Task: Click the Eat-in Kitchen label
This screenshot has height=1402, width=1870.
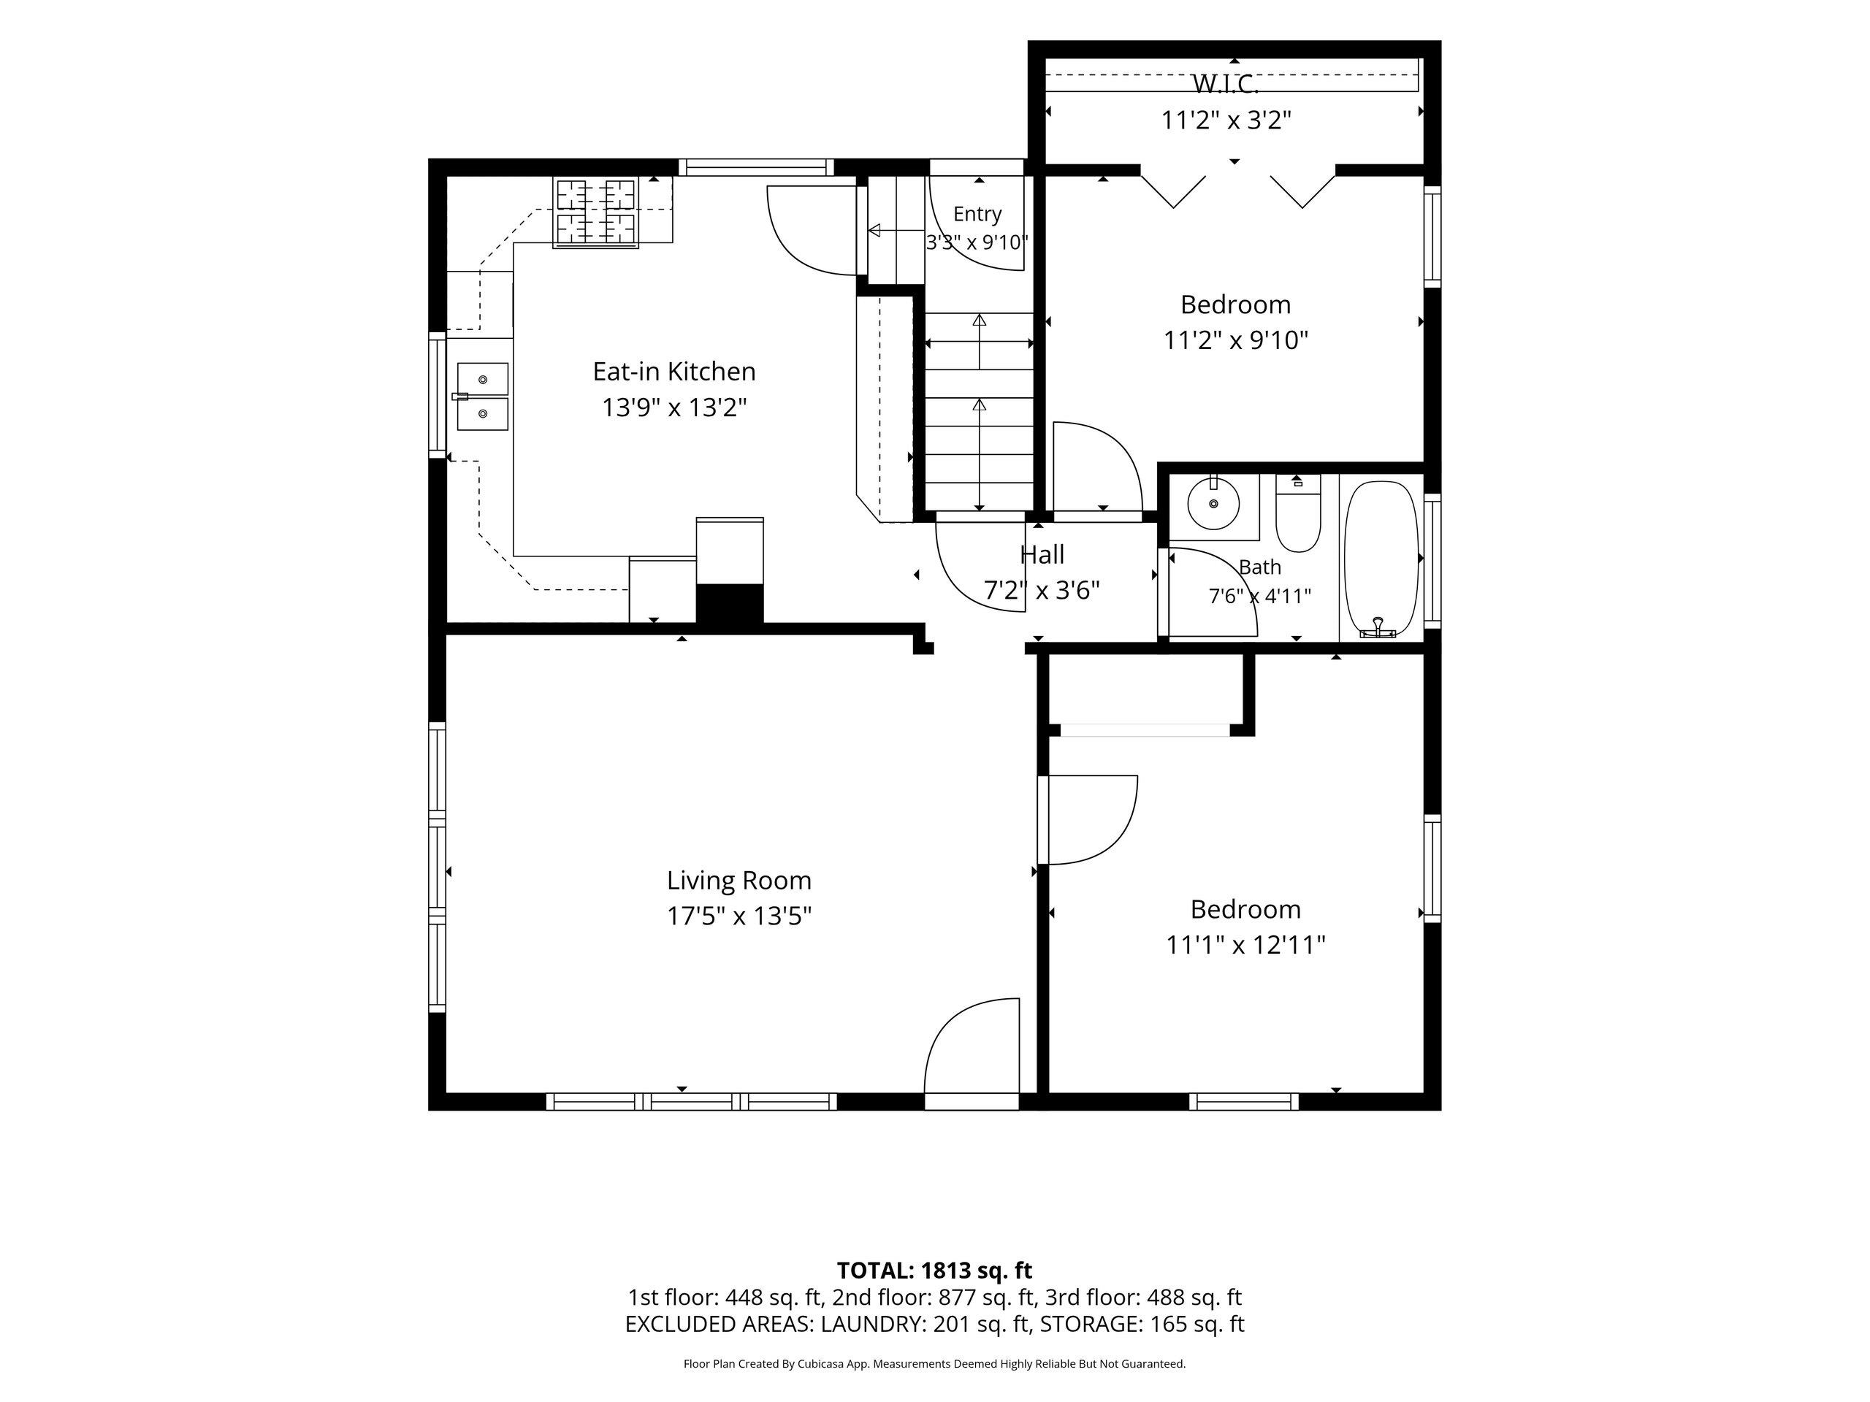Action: click(673, 372)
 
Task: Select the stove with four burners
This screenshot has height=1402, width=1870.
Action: click(595, 213)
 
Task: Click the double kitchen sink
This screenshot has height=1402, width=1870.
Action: click(484, 397)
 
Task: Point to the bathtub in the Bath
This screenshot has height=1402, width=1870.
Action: click(1381, 559)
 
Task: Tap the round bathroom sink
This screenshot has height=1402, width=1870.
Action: click(1213, 504)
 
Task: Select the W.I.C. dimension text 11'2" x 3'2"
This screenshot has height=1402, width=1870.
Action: click(1226, 120)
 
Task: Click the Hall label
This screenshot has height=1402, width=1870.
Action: click(1042, 555)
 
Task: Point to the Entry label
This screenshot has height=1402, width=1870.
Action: click(977, 214)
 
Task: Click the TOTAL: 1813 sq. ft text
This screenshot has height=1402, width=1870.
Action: click(934, 1270)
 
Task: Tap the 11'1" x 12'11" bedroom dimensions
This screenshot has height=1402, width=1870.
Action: click(1245, 945)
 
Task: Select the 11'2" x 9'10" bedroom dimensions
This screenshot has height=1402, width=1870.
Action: click(1236, 340)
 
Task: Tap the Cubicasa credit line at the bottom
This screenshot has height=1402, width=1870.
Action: click(934, 1364)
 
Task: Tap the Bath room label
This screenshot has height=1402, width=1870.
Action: click(1259, 567)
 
